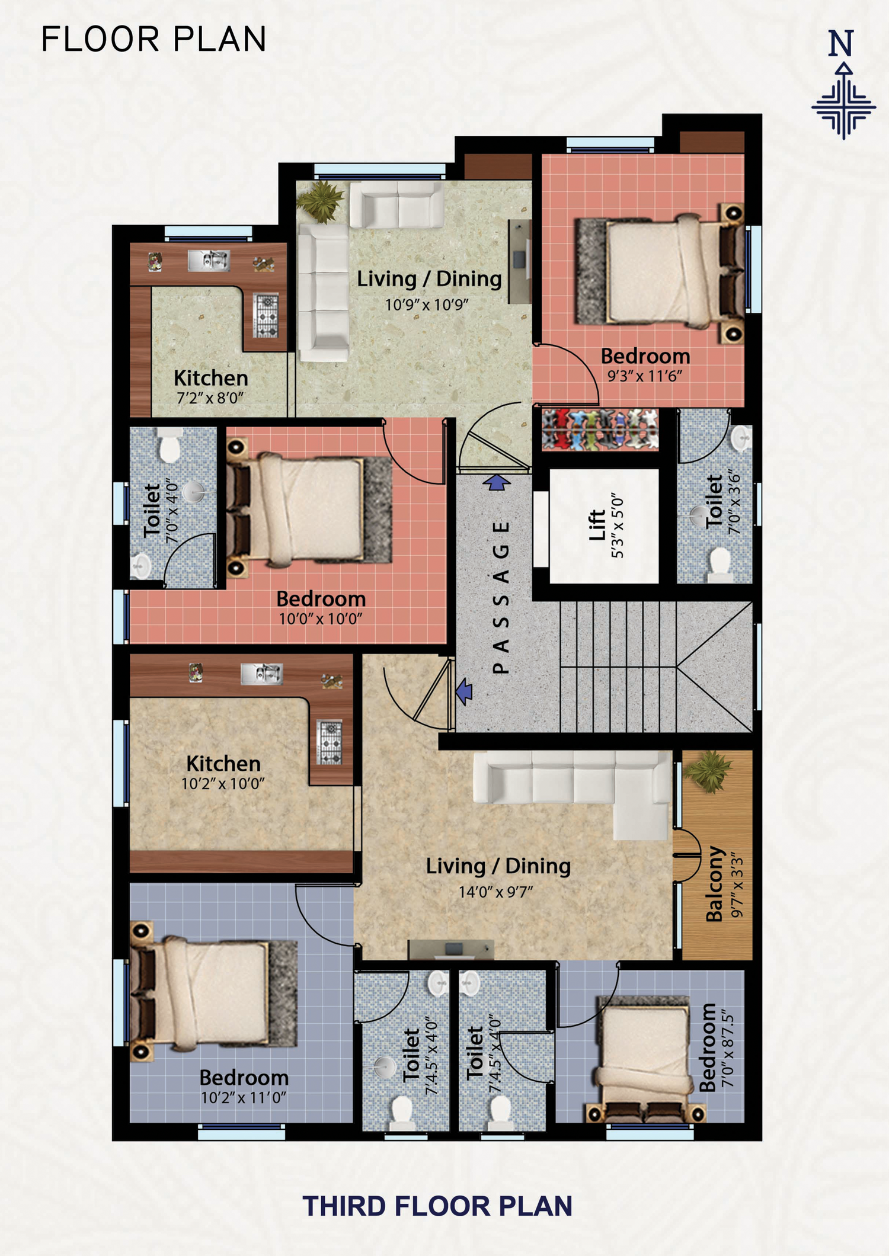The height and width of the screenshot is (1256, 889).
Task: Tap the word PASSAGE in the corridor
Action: pos(501,597)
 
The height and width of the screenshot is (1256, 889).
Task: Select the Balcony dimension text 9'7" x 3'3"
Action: pos(737,885)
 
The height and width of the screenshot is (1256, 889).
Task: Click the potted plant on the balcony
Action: pos(708,771)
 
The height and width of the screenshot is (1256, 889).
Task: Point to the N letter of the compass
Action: pos(841,43)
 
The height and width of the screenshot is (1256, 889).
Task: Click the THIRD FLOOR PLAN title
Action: pos(437,1206)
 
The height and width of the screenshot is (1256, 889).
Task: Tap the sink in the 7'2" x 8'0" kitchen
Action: pos(208,260)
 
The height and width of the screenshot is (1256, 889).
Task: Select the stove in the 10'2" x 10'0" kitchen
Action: pos(329,742)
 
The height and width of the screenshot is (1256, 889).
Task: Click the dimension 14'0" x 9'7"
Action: pos(496,892)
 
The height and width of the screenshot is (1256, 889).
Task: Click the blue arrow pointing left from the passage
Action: pos(464,691)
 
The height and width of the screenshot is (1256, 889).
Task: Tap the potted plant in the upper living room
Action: pos(320,200)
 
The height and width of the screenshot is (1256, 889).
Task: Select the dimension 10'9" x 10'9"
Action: pos(427,305)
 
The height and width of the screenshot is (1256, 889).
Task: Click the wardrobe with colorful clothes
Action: pos(600,429)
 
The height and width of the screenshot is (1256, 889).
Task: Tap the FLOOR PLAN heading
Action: pos(154,40)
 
